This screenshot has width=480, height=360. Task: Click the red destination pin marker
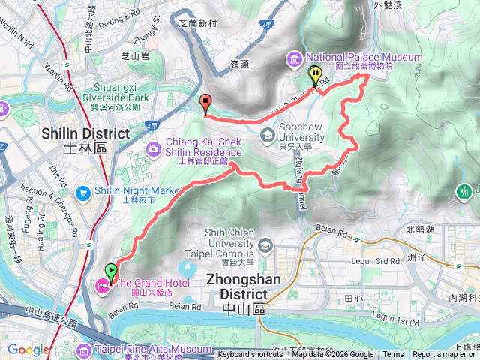coord(206,103)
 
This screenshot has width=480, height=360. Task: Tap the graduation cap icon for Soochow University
coord(267,136)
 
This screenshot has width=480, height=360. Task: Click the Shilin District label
coord(65,133)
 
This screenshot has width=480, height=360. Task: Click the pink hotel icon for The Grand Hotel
coord(101,283)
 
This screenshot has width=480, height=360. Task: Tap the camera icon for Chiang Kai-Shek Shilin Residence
coord(154,149)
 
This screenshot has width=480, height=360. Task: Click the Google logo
coord(28,350)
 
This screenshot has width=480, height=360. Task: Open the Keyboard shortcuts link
coord(250,355)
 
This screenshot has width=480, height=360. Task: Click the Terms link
coord(393,355)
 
